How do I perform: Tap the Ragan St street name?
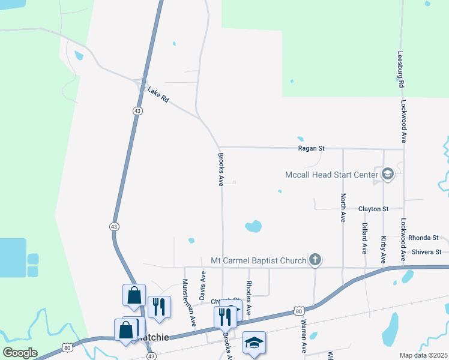pos(312,148)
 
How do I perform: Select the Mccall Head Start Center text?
pos(330,175)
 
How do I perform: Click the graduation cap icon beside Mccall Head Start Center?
pos(387,175)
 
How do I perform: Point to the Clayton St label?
pos(373,209)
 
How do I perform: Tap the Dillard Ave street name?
pos(364,237)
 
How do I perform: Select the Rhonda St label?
pos(424,238)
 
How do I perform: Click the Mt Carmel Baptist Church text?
pos(259,261)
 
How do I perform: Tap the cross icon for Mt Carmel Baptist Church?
pos(315,260)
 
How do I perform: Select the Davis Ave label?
pos(203,285)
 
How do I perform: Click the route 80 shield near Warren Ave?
pos(298,310)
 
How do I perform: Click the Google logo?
pos(20,352)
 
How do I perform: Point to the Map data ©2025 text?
pos(423,355)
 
